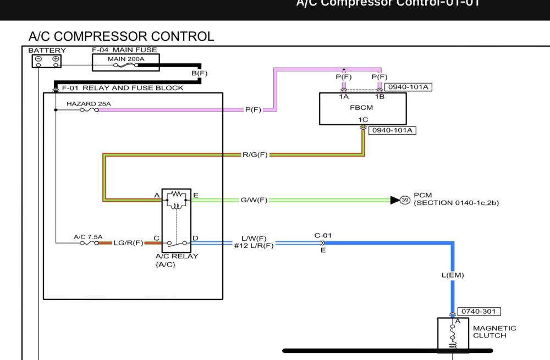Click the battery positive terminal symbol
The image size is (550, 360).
[56, 58]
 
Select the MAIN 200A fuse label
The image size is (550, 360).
[125, 59]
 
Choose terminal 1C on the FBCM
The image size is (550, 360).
[363, 119]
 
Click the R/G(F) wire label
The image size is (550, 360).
[255, 155]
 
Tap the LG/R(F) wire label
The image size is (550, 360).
[128, 242]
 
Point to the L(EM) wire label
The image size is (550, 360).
[453, 275]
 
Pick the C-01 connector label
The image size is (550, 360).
[322, 235]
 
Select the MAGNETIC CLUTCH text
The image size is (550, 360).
[494, 331]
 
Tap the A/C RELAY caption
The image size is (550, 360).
[177, 256]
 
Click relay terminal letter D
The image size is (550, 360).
[195, 238]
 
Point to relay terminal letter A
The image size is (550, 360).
[157, 195]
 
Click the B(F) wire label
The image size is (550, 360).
[199, 73]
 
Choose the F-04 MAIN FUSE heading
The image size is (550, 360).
[124, 50]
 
